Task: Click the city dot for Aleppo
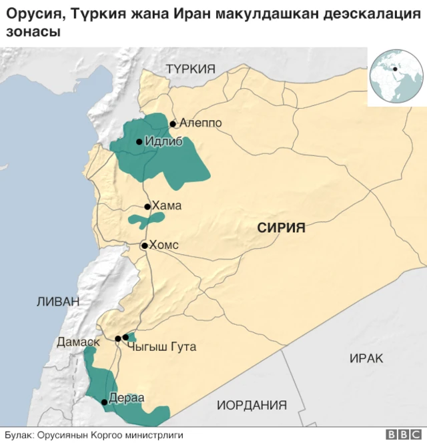[x=173, y=123]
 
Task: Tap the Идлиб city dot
[x=139, y=141]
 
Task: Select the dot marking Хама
[x=147, y=207]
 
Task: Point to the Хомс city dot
[x=143, y=246]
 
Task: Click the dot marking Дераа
[x=103, y=402]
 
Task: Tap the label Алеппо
[x=200, y=123]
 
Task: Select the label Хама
[x=167, y=206]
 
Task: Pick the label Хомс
[x=164, y=245]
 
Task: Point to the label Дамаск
[x=78, y=342]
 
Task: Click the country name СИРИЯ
[x=282, y=228]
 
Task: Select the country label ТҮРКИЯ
[x=191, y=68]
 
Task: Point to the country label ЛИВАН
[x=57, y=302]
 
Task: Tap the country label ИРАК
[x=366, y=358]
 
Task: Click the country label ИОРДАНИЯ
[x=252, y=405]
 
